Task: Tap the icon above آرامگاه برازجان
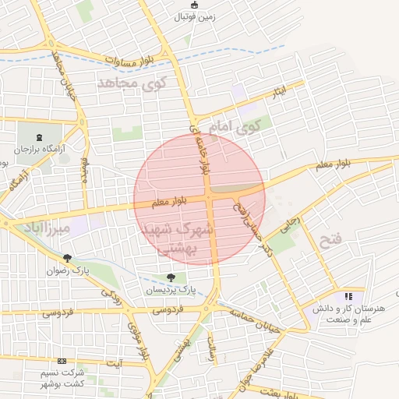point(40,137)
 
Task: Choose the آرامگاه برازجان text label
point(40,148)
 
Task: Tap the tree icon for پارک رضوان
point(67,258)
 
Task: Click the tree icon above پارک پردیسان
point(171,277)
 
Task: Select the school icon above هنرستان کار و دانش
point(348,296)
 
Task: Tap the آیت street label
point(115,363)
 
